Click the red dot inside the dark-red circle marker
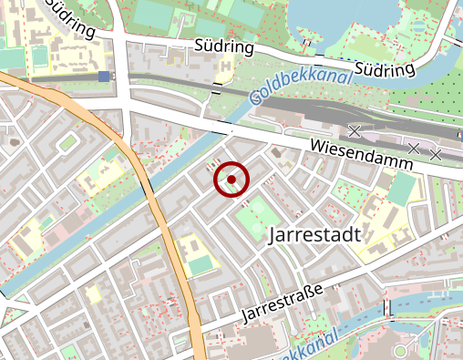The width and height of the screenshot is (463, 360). click(x=231, y=180)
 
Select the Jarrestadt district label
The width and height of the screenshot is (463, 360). click(x=315, y=234)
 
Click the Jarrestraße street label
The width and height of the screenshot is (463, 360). click(x=283, y=302)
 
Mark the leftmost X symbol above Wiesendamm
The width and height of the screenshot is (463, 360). click(x=355, y=130)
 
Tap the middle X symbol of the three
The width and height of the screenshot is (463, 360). click(x=414, y=148)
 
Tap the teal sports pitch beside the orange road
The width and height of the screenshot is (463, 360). click(x=202, y=265)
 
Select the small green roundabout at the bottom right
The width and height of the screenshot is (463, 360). click(x=401, y=351)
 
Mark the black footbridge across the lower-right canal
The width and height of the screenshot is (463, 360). click(x=389, y=314)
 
